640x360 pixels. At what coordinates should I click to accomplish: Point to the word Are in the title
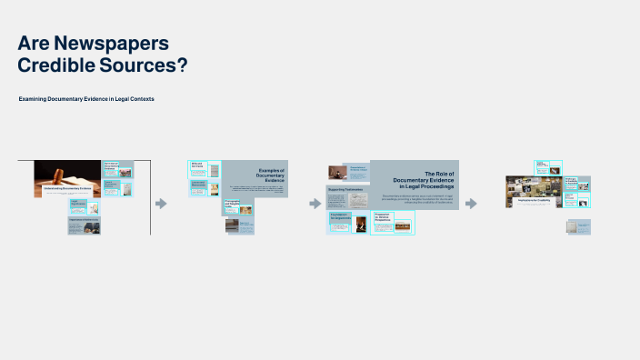tap(33, 44)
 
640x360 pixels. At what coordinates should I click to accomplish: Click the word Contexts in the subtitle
tap(140, 98)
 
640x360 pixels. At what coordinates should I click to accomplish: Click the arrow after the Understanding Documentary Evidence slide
tap(162, 204)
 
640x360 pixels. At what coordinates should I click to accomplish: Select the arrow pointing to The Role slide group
tap(315, 204)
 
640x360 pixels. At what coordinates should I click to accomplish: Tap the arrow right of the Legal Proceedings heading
tap(471, 204)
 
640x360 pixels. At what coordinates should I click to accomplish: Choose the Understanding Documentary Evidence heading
tap(67, 187)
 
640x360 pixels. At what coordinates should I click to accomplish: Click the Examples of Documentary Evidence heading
tap(270, 175)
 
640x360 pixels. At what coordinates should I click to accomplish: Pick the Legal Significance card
tap(78, 205)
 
